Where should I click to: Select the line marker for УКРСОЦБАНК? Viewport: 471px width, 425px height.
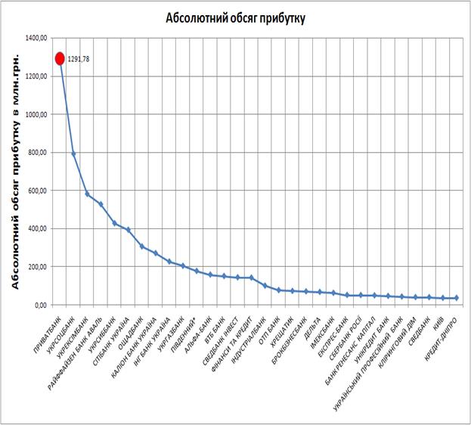tap(73, 154)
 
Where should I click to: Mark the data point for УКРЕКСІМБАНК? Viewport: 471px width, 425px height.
tap(87, 194)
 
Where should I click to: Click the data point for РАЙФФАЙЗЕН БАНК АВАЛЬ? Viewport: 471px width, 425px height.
tap(101, 204)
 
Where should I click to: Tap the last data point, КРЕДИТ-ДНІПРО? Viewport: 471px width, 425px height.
tap(457, 298)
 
